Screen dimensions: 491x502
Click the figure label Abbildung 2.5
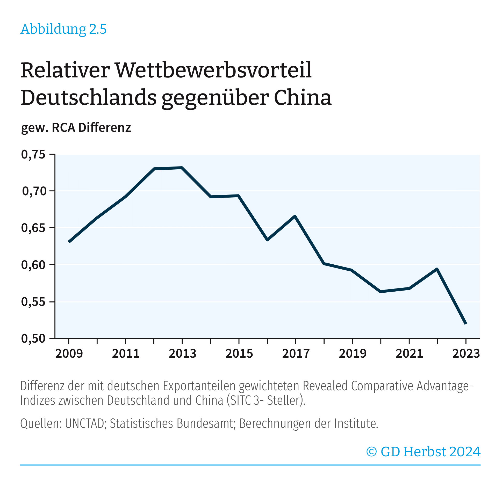[x=63, y=29]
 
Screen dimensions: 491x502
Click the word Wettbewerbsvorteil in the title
[x=213, y=70]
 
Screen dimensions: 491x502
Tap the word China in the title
[x=303, y=98]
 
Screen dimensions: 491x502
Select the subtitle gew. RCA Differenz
[x=76, y=128]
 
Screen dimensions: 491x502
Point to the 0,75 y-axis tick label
[x=33, y=155]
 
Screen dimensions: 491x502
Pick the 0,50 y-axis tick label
[x=33, y=338]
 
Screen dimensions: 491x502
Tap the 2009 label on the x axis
[x=69, y=353]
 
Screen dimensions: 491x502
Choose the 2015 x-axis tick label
[x=239, y=353]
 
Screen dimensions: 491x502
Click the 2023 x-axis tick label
[x=466, y=353]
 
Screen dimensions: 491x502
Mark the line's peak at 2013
[x=182, y=168]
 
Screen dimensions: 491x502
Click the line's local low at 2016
[x=267, y=240]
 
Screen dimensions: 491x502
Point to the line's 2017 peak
[x=295, y=216]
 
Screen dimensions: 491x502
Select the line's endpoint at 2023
[x=466, y=323]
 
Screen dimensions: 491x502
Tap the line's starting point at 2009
[x=69, y=242]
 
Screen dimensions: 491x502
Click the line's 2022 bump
[x=437, y=269]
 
